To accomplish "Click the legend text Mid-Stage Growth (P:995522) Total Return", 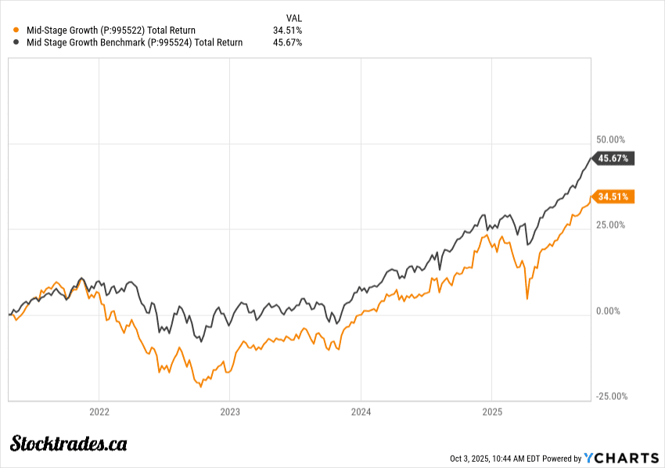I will [111, 31].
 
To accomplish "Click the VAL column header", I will [294, 17].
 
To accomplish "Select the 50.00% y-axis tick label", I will [611, 139].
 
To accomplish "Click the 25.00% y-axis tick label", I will [611, 225].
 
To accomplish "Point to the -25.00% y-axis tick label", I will [611, 396].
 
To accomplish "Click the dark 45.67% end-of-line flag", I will [614, 158].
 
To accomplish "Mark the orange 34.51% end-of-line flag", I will [614, 196].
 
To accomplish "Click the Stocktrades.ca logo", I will [69, 444].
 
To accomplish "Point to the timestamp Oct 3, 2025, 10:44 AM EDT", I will [494, 458].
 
